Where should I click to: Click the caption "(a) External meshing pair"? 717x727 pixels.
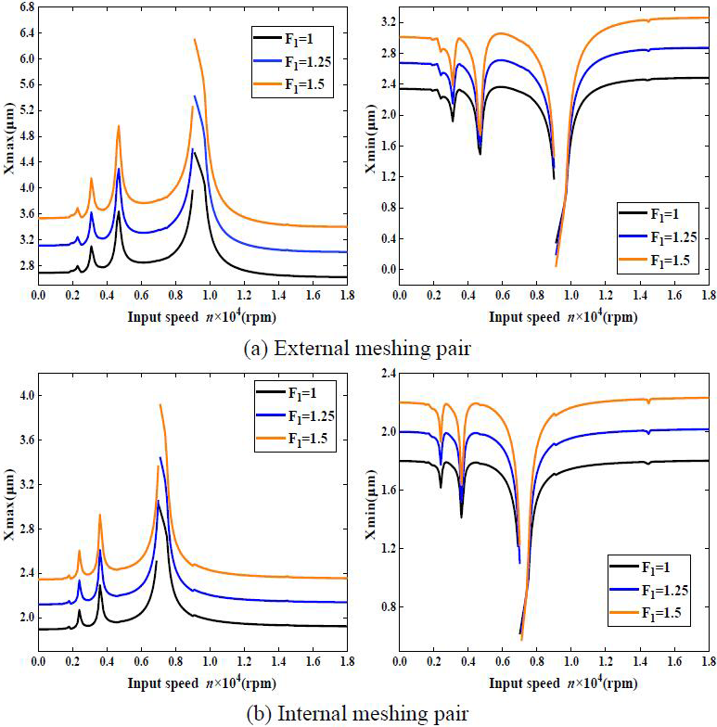pyautogui.click(x=357, y=349)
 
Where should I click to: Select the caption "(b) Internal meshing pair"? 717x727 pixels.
pyautogui.click(x=357, y=713)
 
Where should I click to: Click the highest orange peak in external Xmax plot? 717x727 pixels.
pyautogui.click(x=195, y=39)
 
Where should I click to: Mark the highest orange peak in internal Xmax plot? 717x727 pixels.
pyautogui.click(x=160, y=404)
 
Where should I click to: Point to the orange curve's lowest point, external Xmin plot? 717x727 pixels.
pyautogui.click(x=557, y=266)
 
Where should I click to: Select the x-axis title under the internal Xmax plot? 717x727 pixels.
pyautogui.click(x=192, y=682)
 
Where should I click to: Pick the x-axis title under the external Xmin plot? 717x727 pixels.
pyautogui.click(x=554, y=314)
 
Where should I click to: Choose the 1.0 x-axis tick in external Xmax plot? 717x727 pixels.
pyautogui.click(x=210, y=295)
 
